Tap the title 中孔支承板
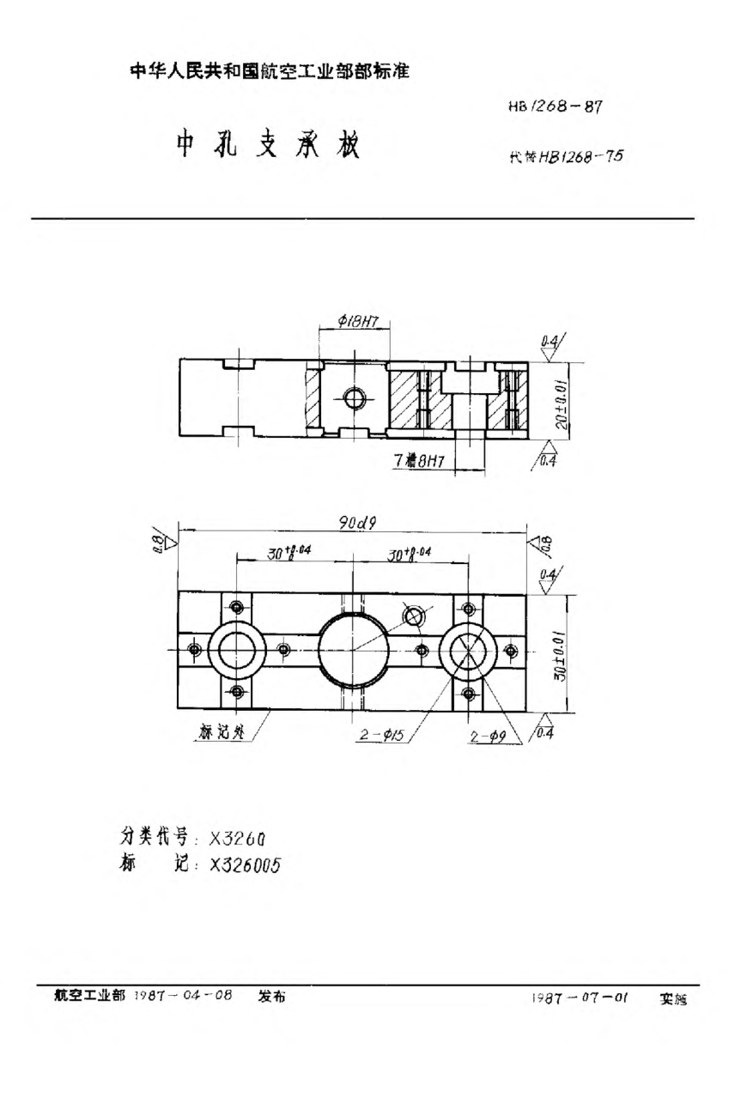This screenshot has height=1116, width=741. point(267,147)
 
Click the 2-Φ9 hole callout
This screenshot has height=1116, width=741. point(489,736)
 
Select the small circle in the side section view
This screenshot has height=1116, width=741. point(353,398)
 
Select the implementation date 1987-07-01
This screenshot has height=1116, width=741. point(580,998)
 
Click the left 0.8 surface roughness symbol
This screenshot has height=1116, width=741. point(161,541)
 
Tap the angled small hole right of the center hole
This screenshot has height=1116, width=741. point(415,615)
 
